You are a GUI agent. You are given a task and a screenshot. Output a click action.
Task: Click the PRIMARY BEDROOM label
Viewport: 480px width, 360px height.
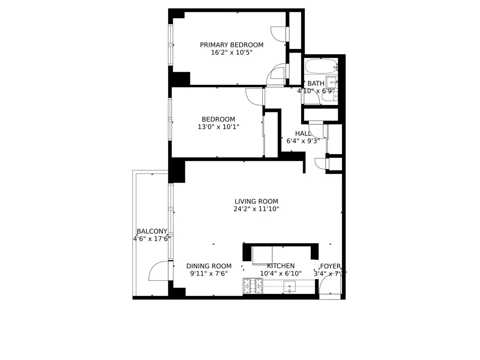coord(232,45)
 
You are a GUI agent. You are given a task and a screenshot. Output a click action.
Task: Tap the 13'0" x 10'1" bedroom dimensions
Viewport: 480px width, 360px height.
coord(218,127)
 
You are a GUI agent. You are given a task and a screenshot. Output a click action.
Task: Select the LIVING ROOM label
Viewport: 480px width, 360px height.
coord(256,202)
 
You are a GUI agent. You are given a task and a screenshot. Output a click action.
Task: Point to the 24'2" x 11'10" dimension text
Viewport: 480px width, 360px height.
coord(256,209)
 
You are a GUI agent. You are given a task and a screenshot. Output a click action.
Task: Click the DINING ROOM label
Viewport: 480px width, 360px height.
coord(209,266)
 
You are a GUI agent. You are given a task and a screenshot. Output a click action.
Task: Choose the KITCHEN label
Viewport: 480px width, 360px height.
coord(281,266)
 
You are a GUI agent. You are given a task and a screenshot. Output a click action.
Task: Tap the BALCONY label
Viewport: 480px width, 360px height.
coord(152,231)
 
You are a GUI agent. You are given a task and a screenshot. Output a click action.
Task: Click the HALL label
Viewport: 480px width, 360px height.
coord(303,133)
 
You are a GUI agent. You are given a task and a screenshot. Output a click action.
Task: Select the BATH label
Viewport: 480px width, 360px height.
coord(316,84)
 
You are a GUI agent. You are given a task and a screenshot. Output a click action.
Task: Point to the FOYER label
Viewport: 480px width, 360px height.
coord(330,266)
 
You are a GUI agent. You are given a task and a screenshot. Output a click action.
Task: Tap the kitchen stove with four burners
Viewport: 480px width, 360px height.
coord(253,286)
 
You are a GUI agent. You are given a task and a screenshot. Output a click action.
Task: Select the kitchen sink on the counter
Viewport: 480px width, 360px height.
coord(289,286)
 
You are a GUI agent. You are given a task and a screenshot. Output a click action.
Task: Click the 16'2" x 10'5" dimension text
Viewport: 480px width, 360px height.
coord(232,52)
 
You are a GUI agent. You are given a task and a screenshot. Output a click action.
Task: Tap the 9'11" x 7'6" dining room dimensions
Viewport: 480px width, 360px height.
coord(209,274)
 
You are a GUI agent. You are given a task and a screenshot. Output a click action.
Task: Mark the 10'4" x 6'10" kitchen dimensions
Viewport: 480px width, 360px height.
coord(281,274)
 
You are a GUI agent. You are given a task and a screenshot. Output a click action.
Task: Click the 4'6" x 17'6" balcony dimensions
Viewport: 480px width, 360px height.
coord(152,239)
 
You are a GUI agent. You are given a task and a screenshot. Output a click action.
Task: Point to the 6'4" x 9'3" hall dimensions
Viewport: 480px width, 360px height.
coord(303,141)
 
